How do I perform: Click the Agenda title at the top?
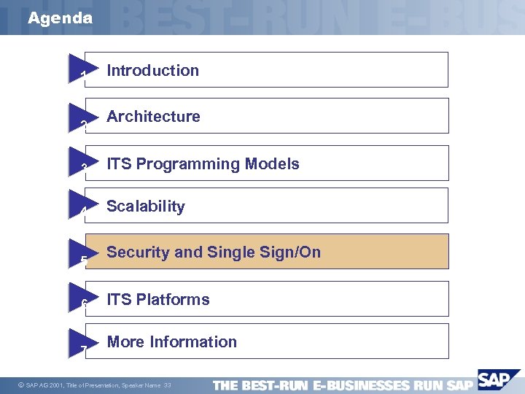coord(61,18)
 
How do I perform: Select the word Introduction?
coord(152,71)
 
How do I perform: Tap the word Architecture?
coord(153,117)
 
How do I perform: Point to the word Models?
coord(272,164)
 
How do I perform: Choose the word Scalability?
coord(146,206)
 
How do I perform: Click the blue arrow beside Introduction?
coord(81,69)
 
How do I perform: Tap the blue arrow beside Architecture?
coord(81,117)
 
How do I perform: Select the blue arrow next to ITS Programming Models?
coord(81,163)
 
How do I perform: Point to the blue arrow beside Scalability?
coord(81,205)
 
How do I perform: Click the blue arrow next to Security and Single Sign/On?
coord(81,252)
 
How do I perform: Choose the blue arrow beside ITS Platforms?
coord(81,298)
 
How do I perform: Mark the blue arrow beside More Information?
coord(81,341)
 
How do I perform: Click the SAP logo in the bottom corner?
coord(494,380)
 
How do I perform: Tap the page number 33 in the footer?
coord(168,385)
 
